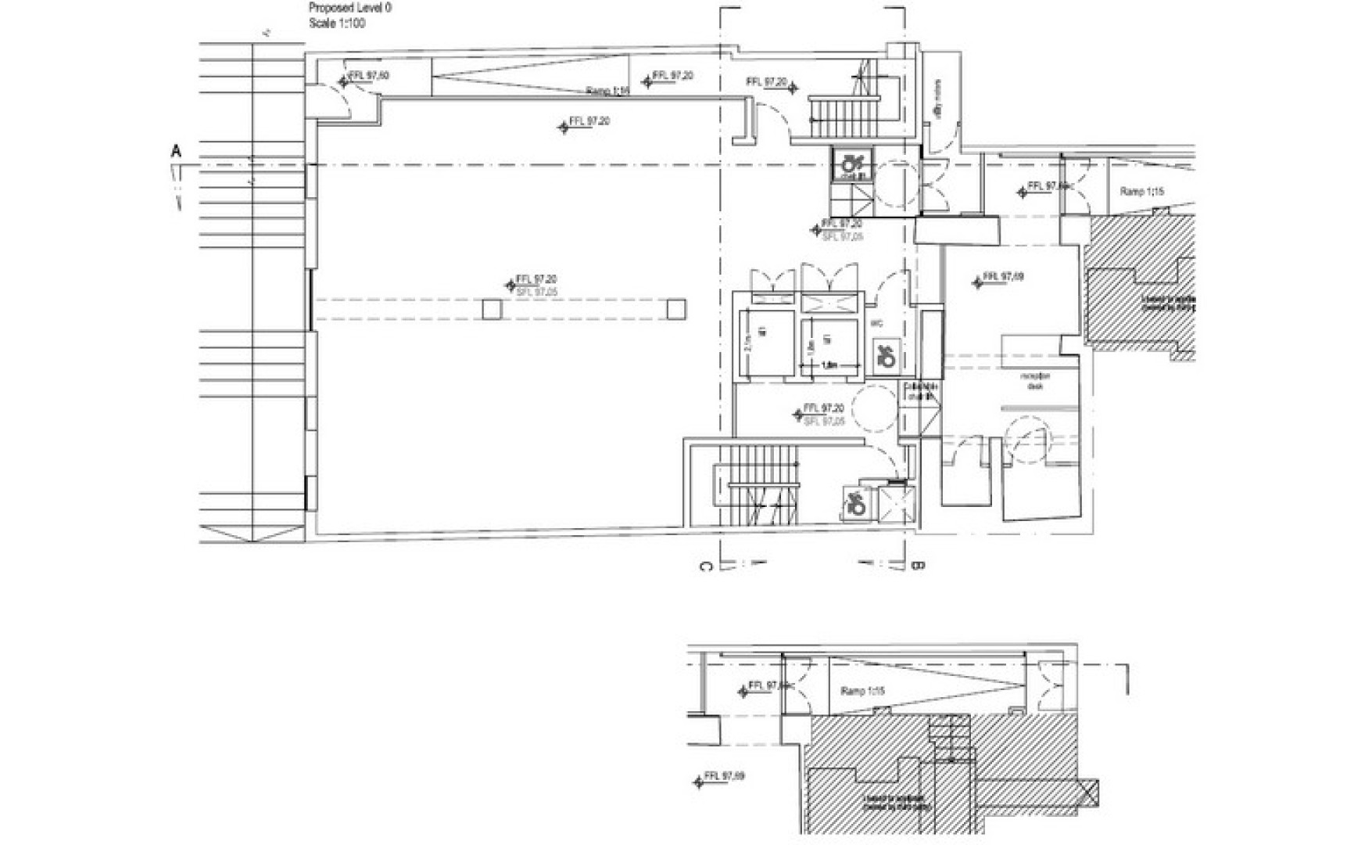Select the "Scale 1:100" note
coord(337,23)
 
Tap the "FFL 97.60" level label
coord(368,77)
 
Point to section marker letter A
coord(176,151)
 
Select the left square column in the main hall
coord(491,310)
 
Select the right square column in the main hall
coord(676,310)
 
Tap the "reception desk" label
coord(1037,381)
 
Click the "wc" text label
coord(878,322)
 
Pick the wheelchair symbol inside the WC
coord(886,356)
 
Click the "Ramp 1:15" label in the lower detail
coord(862,692)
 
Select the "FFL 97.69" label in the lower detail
coord(724,777)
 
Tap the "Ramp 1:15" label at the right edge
coord(1142,192)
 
